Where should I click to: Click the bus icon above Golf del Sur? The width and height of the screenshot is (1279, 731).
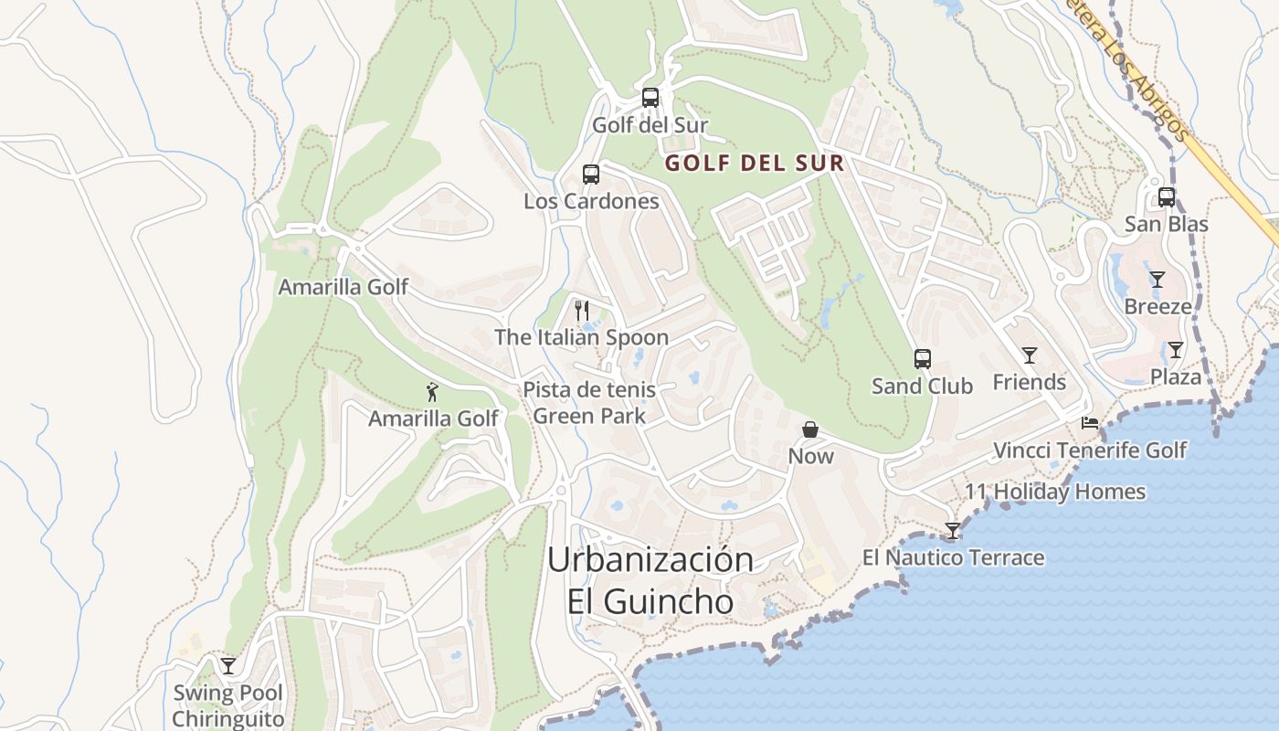click(650, 97)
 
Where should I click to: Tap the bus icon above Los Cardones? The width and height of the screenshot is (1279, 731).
click(591, 174)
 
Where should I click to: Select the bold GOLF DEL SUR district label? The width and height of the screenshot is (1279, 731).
click(754, 164)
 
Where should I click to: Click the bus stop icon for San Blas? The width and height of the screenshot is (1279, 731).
click(1167, 196)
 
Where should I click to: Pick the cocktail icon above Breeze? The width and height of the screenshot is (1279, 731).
click(1157, 279)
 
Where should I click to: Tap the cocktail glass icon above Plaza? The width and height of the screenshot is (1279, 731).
click(1176, 349)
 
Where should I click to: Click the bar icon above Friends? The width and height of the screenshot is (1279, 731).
click(1030, 355)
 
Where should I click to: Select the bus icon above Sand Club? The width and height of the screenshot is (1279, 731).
click(923, 358)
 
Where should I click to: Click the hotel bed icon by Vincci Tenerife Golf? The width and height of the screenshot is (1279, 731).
click(1090, 422)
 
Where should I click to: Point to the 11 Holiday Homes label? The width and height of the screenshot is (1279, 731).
click(1055, 492)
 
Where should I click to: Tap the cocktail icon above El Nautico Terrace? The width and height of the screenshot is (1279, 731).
click(953, 530)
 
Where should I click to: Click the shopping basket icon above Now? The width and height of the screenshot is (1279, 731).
click(810, 429)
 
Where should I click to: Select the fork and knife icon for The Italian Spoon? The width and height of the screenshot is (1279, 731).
click(582, 310)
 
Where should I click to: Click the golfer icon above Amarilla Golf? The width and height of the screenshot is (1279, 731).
click(433, 392)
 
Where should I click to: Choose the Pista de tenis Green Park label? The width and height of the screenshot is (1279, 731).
click(589, 403)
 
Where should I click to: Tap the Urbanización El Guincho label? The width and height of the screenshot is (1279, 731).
click(650, 580)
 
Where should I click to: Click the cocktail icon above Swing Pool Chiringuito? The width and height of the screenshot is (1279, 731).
click(228, 665)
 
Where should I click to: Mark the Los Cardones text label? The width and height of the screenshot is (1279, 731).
click(591, 201)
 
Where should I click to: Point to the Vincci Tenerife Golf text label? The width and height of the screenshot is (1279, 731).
click(1090, 450)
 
